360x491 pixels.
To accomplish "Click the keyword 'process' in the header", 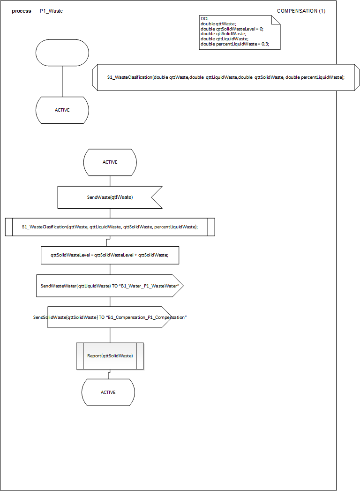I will [x=22, y=11].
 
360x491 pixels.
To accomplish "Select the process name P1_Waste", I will [x=51, y=11].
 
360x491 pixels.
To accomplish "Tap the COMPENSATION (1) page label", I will [x=301, y=11].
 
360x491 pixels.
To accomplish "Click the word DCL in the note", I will [x=204, y=18].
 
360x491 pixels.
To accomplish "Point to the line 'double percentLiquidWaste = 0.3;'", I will [x=234, y=44].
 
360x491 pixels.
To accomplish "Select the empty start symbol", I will [x=62, y=53].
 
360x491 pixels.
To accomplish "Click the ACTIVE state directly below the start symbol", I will [x=62, y=110].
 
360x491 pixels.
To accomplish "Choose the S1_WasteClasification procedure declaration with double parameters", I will [x=225, y=77].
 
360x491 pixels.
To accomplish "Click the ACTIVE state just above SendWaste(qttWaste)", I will [x=110, y=162].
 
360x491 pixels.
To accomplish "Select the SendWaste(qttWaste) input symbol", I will [x=110, y=197].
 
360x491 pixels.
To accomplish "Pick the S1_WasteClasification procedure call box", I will [x=110, y=227].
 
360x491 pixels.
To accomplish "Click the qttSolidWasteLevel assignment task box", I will [x=110, y=255].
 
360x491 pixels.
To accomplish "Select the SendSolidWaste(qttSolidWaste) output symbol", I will [x=110, y=317].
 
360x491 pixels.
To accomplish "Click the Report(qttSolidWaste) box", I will [x=110, y=356].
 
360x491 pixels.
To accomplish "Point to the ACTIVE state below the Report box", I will [x=108, y=392].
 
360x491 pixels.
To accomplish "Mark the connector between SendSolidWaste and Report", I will [x=110, y=335].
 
